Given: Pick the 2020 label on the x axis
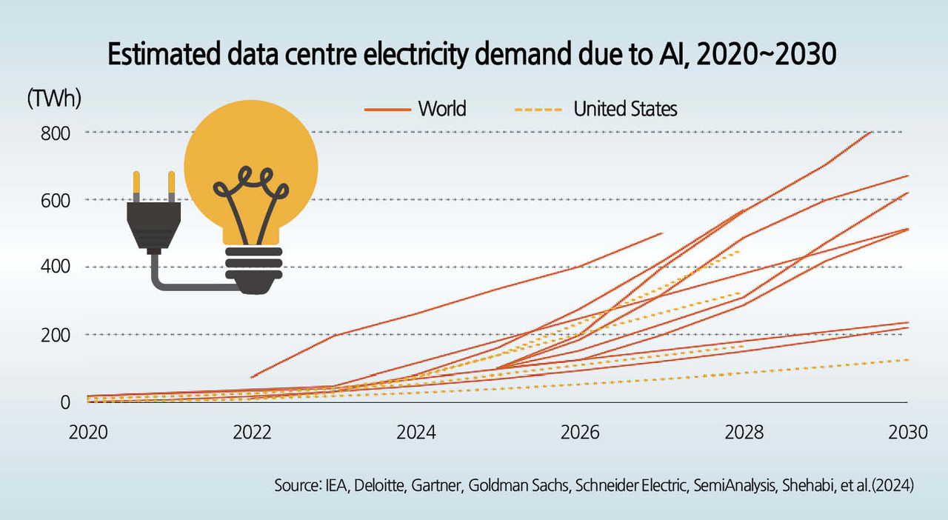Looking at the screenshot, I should [x=87, y=432].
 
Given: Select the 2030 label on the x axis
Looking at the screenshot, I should [x=907, y=432].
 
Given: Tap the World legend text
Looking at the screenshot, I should [x=442, y=109].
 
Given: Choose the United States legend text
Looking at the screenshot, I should [x=626, y=109].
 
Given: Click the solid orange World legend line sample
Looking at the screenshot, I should [x=387, y=110].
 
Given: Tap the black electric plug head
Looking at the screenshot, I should [x=153, y=227].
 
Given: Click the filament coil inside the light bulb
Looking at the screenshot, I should [x=252, y=191].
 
